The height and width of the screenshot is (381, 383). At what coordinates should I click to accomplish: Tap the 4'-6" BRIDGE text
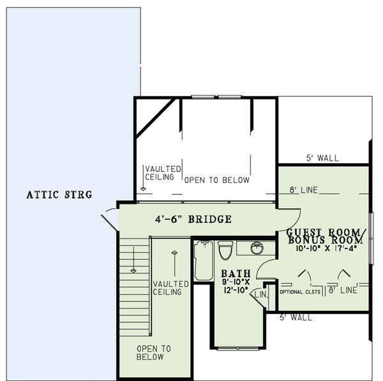[x=193, y=220]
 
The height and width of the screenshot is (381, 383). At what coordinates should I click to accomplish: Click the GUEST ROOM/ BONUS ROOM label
[x=326, y=236]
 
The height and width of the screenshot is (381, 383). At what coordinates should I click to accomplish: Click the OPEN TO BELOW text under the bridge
[x=153, y=353]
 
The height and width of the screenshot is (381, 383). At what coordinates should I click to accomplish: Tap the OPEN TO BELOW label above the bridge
[x=216, y=180]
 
